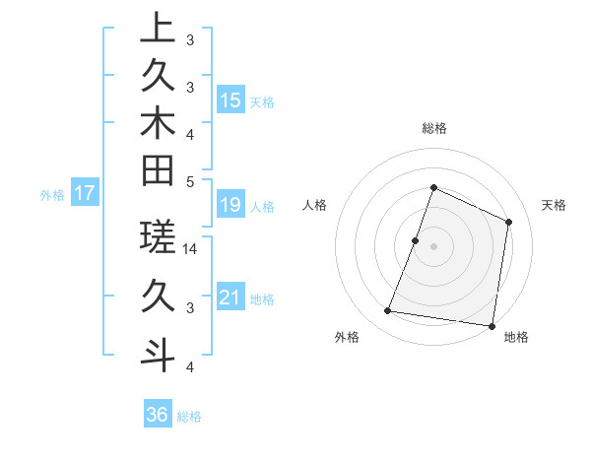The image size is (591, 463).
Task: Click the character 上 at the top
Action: click(158, 29)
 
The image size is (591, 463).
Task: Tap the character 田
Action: click(158, 171)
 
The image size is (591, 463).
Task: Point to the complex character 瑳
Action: click(158, 237)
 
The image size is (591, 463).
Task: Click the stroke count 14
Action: click(191, 249)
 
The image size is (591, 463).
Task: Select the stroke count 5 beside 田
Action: click(190, 181)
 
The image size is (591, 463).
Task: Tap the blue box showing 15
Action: click(230, 100)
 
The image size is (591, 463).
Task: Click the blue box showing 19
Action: click(230, 205)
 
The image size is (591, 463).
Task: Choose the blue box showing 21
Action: click(230, 298)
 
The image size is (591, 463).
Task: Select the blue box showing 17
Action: click(85, 193)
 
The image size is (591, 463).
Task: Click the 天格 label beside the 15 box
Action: click(262, 102)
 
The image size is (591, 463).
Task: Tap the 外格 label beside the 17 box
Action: click(52, 195)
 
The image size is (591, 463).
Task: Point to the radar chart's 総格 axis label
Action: click(433, 128)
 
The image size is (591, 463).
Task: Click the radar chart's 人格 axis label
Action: click(315, 205)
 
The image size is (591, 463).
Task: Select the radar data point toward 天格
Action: click(509, 222)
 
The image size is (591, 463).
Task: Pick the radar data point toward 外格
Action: click(388, 311)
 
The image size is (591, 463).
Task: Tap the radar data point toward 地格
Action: click(491, 325)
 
